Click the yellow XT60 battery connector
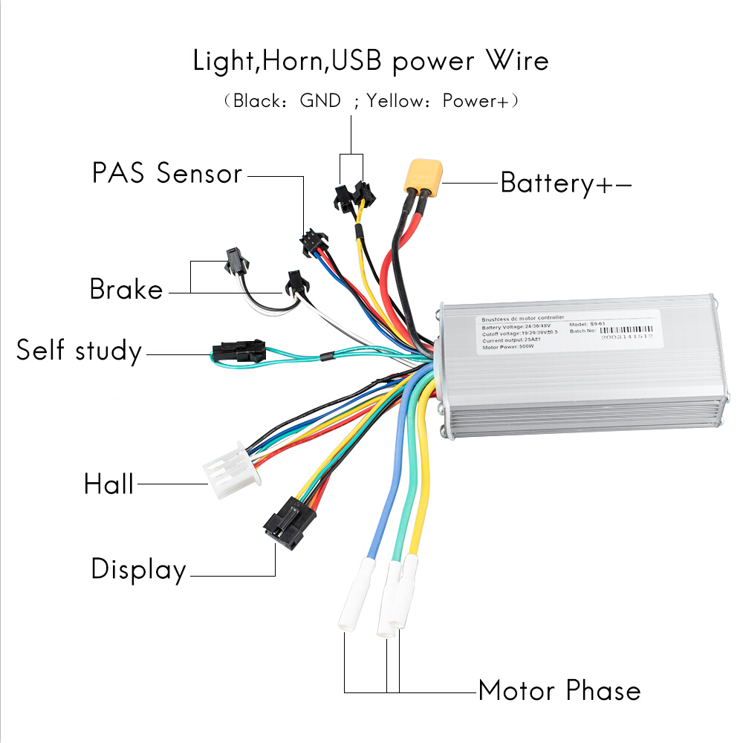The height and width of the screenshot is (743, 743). [x=421, y=175]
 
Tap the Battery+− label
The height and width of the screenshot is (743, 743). [x=565, y=183]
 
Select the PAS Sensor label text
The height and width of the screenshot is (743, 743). [x=167, y=174]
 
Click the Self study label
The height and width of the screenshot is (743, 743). [x=79, y=351]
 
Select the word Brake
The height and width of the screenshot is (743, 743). [x=126, y=289]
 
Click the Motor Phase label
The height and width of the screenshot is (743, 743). [x=559, y=690]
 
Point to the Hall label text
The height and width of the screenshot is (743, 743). [x=108, y=484]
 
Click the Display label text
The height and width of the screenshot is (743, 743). [x=138, y=570]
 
